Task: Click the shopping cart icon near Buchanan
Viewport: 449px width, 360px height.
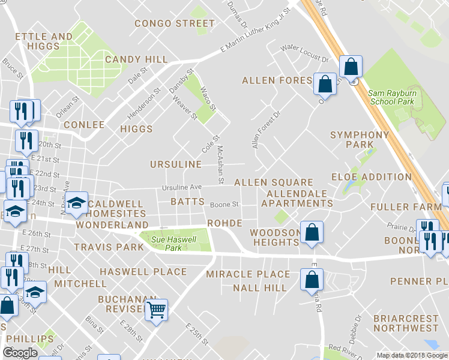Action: coord(156,310)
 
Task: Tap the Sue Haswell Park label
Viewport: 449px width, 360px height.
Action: coord(166,242)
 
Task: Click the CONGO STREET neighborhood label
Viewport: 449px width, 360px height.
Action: coord(175,24)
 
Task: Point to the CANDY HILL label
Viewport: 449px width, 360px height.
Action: coord(136,59)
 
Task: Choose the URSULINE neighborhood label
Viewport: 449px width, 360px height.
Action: coord(175,164)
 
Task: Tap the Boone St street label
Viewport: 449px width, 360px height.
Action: coord(224,204)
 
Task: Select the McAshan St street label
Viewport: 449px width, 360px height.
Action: coord(221,164)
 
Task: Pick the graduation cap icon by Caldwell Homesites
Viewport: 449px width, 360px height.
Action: coord(76,203)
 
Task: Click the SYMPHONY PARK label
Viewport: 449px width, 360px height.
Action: coord(360,139)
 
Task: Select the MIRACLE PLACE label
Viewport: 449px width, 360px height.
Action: coord(248,274)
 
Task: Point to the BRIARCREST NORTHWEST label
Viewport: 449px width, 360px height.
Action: coord(406,323)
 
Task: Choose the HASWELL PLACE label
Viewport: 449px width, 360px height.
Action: coord(143,272)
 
